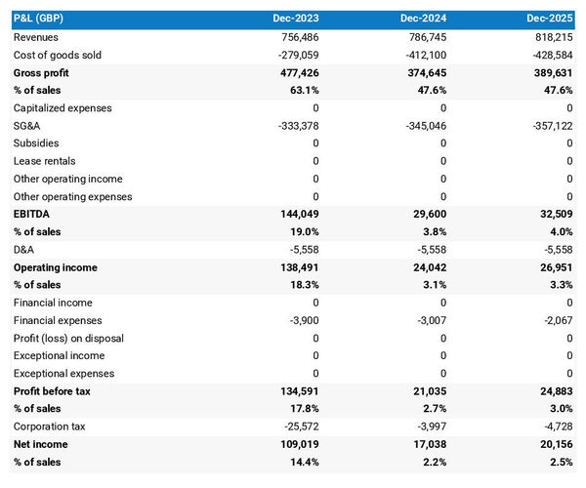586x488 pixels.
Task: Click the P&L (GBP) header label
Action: [40, 19]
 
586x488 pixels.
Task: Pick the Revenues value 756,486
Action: [296, 37]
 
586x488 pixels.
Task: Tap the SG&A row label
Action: [26, 126]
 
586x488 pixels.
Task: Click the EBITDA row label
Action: [31, 214]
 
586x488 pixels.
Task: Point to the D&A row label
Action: [24, 249]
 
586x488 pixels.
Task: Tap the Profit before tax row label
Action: [53, 390]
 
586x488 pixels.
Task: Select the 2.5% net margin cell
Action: [560, 462]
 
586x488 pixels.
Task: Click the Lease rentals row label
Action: [44, 161]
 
